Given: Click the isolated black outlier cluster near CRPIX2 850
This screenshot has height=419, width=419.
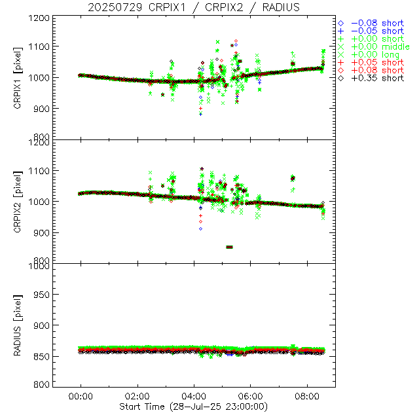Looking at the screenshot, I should click(x=229, y=247).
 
